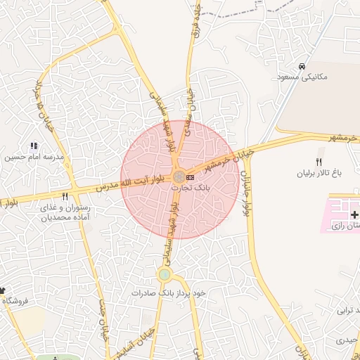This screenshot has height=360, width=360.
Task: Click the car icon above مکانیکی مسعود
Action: tap(302, 66)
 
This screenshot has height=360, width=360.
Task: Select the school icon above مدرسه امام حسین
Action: tap(34, 146)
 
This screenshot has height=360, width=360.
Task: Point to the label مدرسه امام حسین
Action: tap(30, 157)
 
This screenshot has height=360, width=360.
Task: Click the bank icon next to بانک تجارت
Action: tap(190, 177)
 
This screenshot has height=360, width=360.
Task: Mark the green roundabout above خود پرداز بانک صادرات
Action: tap(165, 275)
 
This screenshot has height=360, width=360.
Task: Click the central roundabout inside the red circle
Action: tap(179, 176)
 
